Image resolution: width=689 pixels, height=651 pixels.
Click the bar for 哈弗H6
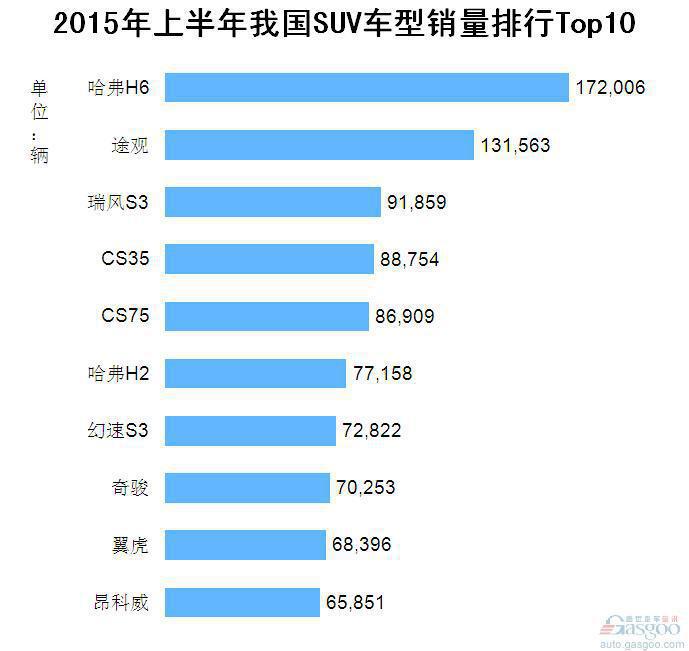tap(366, 88)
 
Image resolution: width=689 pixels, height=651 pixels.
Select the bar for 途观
tap(319, 145)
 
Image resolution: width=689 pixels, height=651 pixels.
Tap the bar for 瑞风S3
tap(273, 202)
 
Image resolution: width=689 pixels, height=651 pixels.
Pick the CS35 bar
tap(269, 259)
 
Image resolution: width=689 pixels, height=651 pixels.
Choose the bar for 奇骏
tap(247, 488)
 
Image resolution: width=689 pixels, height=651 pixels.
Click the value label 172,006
tap(610, 88)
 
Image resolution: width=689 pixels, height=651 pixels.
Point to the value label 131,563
tap(515, 145)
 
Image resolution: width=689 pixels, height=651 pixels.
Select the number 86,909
tap(405, 316)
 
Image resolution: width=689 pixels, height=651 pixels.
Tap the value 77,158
tap(382, 374)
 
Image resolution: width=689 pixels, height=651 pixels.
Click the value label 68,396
tap(361, 545)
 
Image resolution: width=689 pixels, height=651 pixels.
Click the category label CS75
tap(125, 316)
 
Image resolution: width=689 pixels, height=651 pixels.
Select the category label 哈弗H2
tap(118, 374)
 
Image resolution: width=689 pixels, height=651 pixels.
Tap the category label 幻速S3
tap(118, 431)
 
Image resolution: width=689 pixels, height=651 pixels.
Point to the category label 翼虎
tap(130, 545)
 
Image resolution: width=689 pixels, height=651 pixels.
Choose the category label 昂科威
tap(118, 602)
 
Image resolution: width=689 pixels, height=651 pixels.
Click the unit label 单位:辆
tap(39, 121)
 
